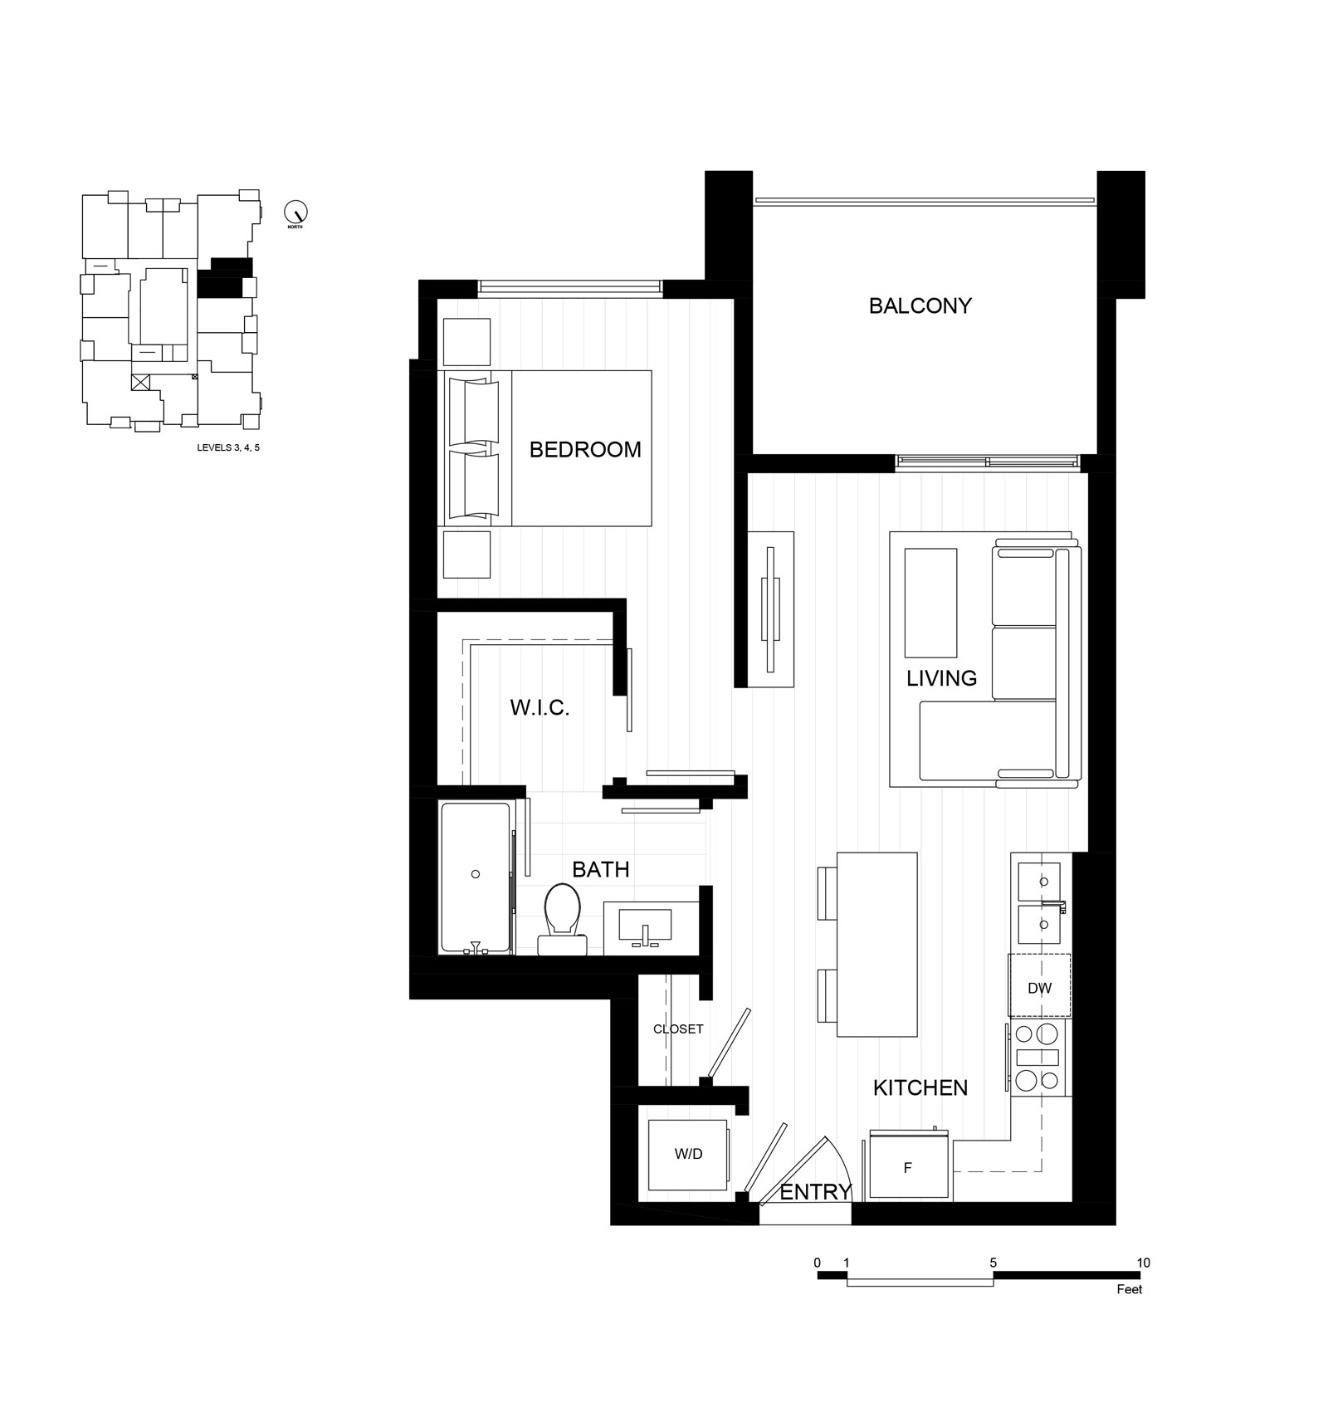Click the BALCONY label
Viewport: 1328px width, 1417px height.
click(x=920, y=306)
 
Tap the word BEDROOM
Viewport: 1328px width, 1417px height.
click(x=585, y=450)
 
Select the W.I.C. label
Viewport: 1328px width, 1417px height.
click(x=539, y=708)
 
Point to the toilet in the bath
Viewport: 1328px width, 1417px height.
click(x=562, y=918)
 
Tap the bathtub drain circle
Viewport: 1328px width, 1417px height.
click(x=476, y=874)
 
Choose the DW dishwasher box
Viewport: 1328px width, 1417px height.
click(x=1039, y=986)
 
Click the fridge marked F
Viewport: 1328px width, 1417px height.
click(x=908, y=1165)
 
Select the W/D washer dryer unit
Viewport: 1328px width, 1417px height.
click(x=688, y=1155)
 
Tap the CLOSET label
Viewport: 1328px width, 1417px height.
click(x=678, y=1029)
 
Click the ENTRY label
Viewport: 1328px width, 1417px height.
click(x=816, y=1192)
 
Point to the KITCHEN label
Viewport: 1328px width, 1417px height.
click(x=920, y=1087)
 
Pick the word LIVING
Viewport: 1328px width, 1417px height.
click(x=941, y=678)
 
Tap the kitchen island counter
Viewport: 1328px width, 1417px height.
click(x=877, y=944)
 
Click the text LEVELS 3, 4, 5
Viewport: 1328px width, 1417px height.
click(x=228, y=447)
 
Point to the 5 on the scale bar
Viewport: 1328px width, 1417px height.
click(x=994, y=1263)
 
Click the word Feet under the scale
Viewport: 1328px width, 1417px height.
click(x=1130, y=1289)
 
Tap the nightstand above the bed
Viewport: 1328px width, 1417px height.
click(x=467, y=341)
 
